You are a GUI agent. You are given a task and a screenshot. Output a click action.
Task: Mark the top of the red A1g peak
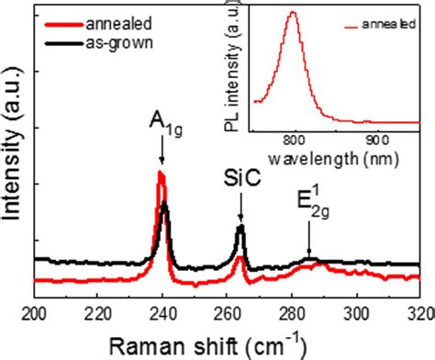click(x=162, y=172)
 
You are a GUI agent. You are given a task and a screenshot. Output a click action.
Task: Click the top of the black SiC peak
click(x=241, y=225)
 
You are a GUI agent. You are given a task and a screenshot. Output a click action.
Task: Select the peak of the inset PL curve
click(x=293, y=13)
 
